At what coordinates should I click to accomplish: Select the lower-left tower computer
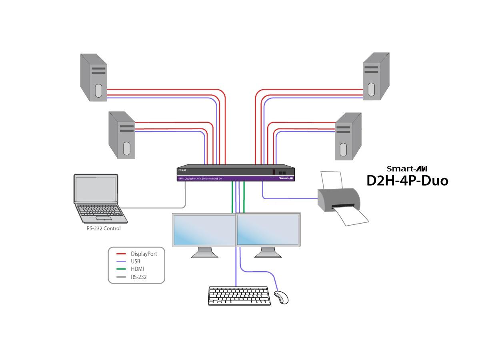[122, 135]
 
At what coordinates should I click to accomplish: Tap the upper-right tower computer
[376, 76]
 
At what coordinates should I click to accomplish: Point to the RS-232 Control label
[103, 229]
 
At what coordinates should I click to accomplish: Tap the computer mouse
[281, 297]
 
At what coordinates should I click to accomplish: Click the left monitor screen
[204, 230]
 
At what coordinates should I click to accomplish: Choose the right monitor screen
[268, 230]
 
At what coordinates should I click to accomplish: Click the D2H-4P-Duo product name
[407, 181]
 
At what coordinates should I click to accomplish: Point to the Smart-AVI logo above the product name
[407, 169]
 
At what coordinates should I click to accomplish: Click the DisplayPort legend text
[144, 254]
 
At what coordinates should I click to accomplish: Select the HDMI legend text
[137, 269]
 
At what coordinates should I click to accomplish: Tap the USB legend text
[135, 261]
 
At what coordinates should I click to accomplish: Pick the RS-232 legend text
[138, 276]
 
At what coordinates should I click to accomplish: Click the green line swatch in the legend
[121, 269]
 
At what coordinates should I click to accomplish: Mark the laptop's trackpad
[103, 218]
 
